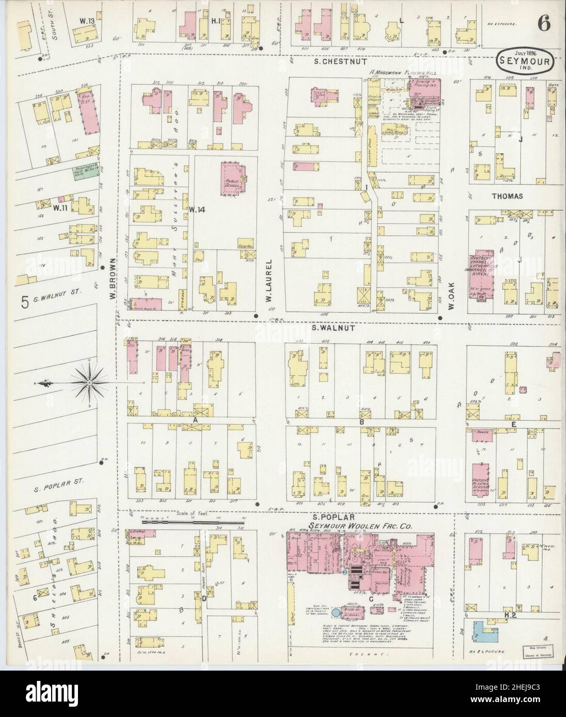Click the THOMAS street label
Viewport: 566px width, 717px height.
tap(507, 197)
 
